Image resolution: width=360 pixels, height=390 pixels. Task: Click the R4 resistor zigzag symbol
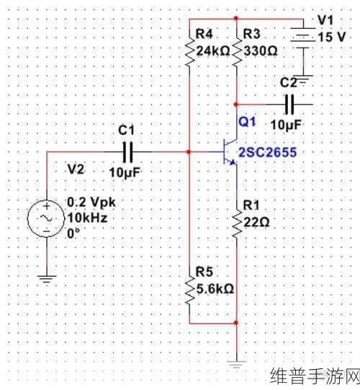tap(189, 50)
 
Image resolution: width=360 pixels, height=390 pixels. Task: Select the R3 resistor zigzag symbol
tap(236, 50)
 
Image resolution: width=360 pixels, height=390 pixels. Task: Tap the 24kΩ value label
tap(213, 51)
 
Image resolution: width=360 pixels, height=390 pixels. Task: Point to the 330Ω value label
tap(260, 50)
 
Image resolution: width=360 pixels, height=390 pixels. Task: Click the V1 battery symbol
tap(303, 38)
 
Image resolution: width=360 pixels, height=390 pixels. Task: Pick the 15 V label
tap(332, 37)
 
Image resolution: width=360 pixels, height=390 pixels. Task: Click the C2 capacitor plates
tap(289, 105)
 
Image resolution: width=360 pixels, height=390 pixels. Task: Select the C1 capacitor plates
tap(127, 152)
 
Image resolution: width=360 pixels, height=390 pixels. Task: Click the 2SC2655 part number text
tap(268, 152)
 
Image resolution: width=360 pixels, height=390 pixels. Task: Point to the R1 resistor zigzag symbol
tap(236, 222)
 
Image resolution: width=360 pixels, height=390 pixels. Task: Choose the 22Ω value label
tap(256, 221)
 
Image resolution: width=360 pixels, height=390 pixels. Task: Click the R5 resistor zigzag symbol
tap(189, 290)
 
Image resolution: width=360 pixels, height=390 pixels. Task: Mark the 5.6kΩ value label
tap(215, 289)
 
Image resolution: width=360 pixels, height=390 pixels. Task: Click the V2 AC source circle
tap(47, 218)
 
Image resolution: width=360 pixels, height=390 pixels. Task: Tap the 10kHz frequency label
tap(87, 218)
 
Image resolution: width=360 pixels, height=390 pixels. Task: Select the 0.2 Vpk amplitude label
tap(91, 202)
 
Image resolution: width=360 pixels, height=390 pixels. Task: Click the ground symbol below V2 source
tap(47, 278)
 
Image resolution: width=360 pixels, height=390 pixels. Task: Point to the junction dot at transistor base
tap(189, 151)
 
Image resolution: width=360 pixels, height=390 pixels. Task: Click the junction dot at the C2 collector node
tap(236, 105)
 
